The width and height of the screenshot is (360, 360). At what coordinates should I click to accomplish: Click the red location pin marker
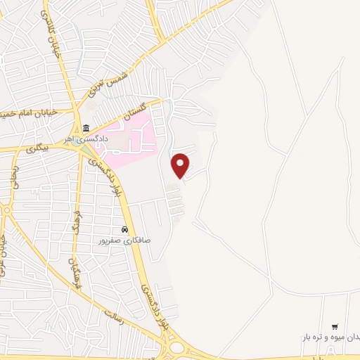(181, 165)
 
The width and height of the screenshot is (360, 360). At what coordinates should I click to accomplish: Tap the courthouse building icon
(86, 128)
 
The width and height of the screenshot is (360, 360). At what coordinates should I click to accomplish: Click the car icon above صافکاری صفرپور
(124, 229)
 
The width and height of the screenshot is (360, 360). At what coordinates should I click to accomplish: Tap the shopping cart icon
(334, 326)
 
